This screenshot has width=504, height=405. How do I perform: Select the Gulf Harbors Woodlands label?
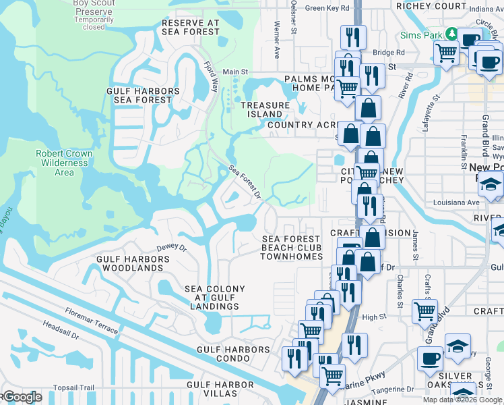tap(130, 263)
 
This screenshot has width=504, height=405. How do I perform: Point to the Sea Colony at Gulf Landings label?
tap(215, 298)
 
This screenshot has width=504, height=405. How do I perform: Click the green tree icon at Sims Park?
tap(451, 34)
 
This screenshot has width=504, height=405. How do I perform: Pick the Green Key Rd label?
tap(327, 8)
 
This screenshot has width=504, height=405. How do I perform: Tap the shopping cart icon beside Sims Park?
tap(446, 52)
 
